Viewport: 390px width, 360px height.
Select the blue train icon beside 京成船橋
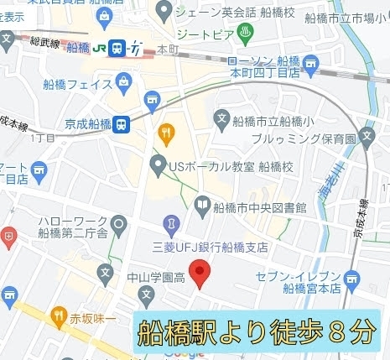coord(122,123)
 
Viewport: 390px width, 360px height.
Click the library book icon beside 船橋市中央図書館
coord(202,203)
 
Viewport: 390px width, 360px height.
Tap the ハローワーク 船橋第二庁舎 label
coord(74,227)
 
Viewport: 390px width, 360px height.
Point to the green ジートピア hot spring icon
coord(246,32)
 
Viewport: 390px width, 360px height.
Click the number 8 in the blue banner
coord(336,332)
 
